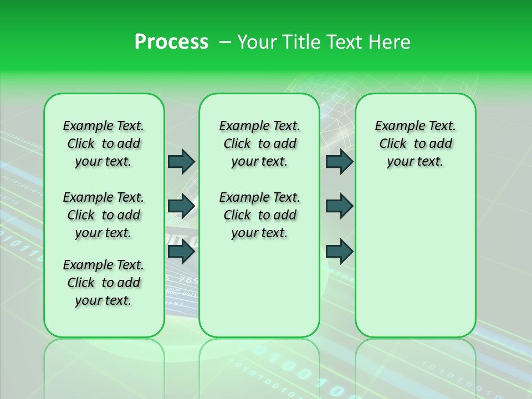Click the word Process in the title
[171, 42]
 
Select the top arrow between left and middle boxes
[181, 161]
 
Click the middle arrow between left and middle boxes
[181, 206]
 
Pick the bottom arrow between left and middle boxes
[181, 252]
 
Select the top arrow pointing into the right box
[339, 161]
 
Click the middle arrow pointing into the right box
[339, 206]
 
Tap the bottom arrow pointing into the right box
[339, 252]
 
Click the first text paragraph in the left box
[104, 144]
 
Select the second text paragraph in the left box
[104, 215]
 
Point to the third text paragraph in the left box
[104, 283]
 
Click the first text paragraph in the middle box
[259, 144]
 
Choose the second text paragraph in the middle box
[259, 215]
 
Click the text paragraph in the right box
[415, 144]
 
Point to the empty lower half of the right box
[415, 266]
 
